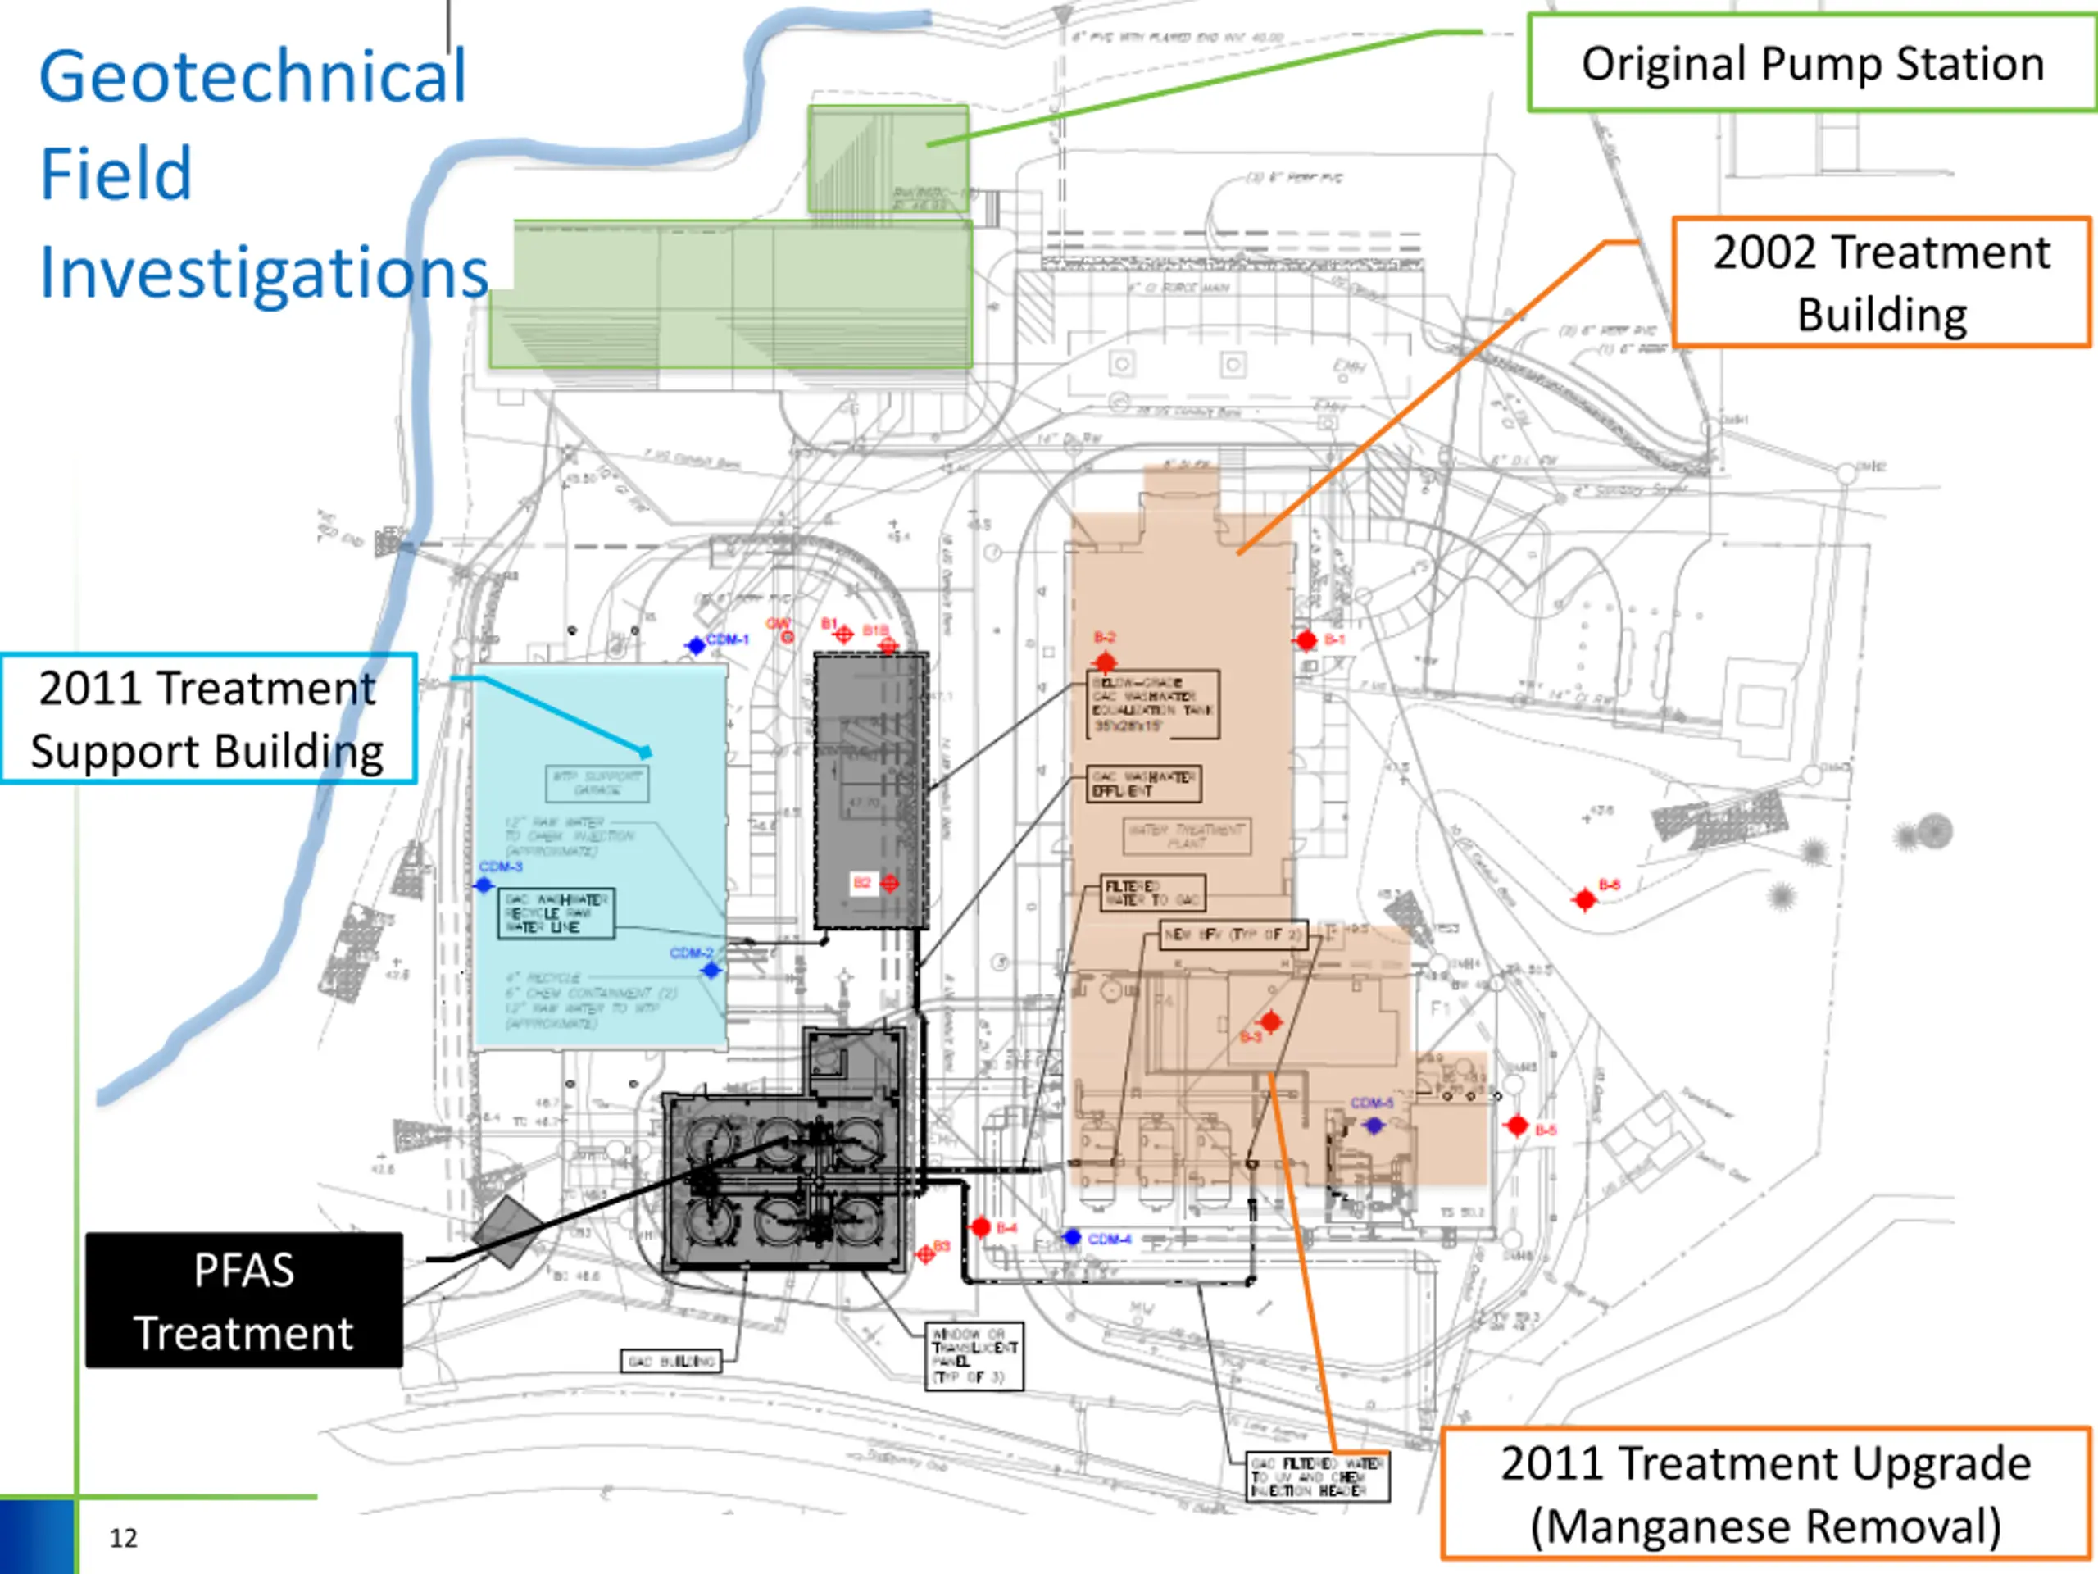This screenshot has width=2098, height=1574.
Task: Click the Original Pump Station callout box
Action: click(1810, 64)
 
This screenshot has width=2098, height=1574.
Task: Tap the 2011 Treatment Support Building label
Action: click(207, 718)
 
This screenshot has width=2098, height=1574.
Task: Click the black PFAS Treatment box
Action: click(243, 1300)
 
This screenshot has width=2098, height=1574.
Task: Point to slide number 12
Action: click(123, 1538)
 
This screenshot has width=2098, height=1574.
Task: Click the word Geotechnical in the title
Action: click(252, 76)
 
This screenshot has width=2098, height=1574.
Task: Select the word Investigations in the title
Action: click(264, 272)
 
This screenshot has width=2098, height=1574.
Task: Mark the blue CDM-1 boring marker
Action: click(696, 646)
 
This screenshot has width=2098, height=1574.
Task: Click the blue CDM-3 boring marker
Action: click(484, 885)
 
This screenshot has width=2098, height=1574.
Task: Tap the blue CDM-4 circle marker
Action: click(1072, 1237)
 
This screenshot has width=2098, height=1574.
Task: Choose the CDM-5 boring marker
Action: click(1374, 1126)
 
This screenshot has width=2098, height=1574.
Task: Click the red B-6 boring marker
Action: click(1584, 898)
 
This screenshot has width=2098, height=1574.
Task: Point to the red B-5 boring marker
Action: click(1517, 1126)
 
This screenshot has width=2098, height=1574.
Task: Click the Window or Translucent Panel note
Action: click(974, 1356)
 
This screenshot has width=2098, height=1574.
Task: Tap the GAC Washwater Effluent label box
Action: click(1144, 784)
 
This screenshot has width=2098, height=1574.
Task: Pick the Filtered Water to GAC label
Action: click(1152, 893)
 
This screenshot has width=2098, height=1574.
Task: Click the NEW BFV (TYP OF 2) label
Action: click(1234, 935)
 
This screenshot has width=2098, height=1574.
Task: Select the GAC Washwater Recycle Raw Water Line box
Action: click(556, 912)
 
